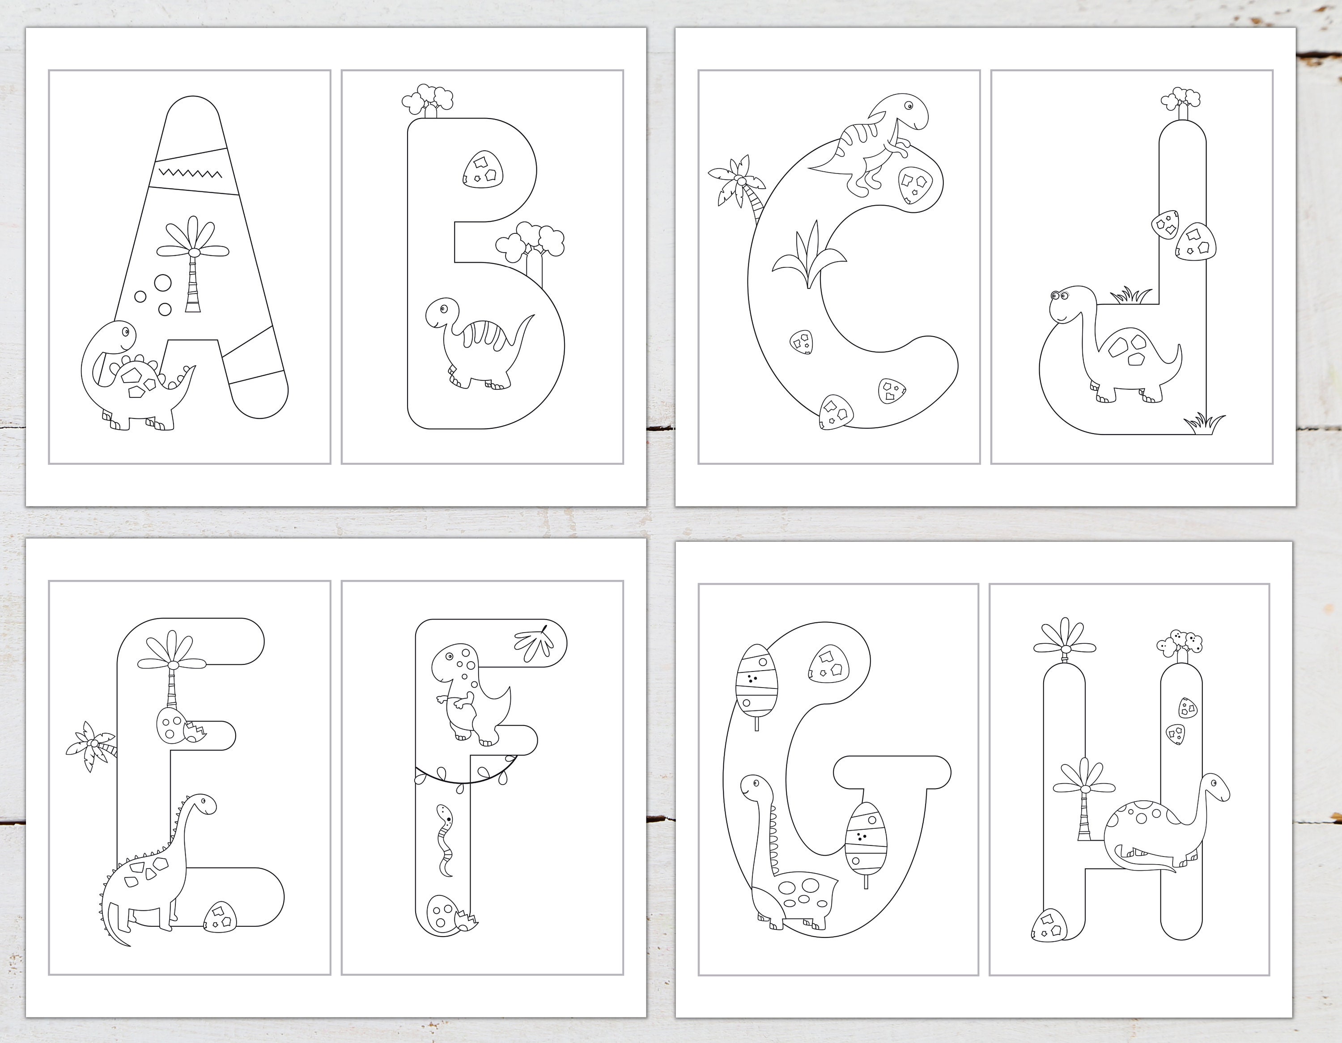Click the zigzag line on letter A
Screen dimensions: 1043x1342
(x=189, y=173)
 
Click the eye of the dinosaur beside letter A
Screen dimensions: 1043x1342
(x=126, y=332)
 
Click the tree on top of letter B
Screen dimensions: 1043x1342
(x=428, y=100)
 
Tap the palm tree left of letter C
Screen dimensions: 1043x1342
(x=740, y=184)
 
